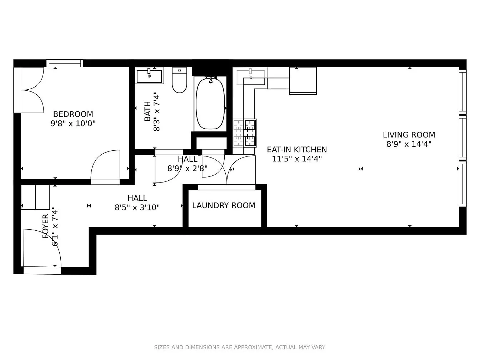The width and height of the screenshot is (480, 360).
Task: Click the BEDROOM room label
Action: [x=73, y=114]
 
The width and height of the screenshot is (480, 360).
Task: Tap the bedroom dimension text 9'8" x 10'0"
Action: [x=73, y=124]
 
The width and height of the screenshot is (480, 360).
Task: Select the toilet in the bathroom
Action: [x=179, y=81]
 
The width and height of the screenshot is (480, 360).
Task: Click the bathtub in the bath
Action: [x=210, y=104]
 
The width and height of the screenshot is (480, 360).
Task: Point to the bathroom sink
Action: [x=149, y=76]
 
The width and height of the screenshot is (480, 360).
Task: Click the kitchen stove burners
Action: [x=250, y=133]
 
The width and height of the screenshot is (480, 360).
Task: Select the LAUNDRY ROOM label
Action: [x=224, y=206]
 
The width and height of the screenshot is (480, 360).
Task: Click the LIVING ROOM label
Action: [x=409, y=135]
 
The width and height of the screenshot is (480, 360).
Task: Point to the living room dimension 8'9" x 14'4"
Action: [x=409, y=144]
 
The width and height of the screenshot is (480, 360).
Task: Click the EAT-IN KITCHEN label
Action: [x=297, y=150]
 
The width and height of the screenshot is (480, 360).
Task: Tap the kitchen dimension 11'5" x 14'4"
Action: [x=297, y=159]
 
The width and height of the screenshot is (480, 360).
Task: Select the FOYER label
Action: [x=46, y=226]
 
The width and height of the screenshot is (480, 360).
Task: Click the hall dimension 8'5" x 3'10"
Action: [x=137, y=207]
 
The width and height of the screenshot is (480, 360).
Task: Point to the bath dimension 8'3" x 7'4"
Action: [x=156, y=111]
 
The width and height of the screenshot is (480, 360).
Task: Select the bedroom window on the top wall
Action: [x=65, y=64]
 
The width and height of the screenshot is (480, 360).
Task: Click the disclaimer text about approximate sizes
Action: [x=240, y=347]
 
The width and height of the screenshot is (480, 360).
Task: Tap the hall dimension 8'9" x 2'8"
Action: [x=187, y=168]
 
